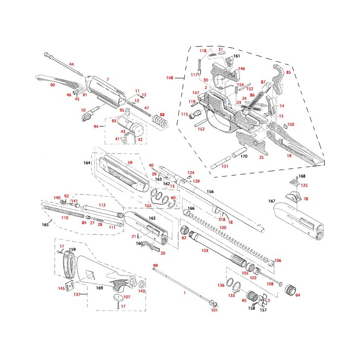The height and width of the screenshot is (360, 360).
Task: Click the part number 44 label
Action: point(71,64)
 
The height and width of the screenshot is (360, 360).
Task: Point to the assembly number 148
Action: point(169,78)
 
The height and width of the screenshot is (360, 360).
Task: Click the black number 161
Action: point(237,56)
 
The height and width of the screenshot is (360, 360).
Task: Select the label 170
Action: point(244,156)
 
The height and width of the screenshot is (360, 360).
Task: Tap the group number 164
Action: point(87,162)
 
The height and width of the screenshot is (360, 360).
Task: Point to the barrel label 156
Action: point(210,192)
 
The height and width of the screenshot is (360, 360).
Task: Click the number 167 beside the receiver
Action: point(271,201)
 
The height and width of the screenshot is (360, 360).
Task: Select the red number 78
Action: point(306,198)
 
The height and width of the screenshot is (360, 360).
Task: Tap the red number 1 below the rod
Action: point(184,292)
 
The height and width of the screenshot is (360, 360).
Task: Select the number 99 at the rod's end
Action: point(156,266)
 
